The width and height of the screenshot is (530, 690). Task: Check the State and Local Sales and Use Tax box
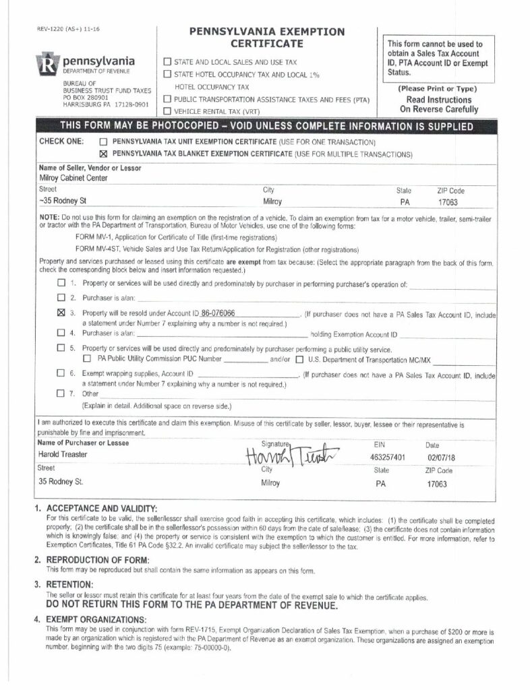pos(167,62)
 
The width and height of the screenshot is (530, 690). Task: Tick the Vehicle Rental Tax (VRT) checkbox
pos(167,111)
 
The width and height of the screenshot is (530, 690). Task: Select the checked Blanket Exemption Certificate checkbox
pos(104,154)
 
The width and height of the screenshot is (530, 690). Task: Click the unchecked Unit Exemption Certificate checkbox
pos(104,142)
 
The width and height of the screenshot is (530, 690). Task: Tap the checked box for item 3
pos(62,313)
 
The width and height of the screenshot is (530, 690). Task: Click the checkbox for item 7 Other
pos(62,393)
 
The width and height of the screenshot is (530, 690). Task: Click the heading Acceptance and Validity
pos(101,507)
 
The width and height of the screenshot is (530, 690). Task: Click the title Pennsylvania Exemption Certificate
pos(268,38)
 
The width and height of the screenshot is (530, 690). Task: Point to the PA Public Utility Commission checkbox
pos(87,358)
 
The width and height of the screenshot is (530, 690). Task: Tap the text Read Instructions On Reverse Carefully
pos(438,104)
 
